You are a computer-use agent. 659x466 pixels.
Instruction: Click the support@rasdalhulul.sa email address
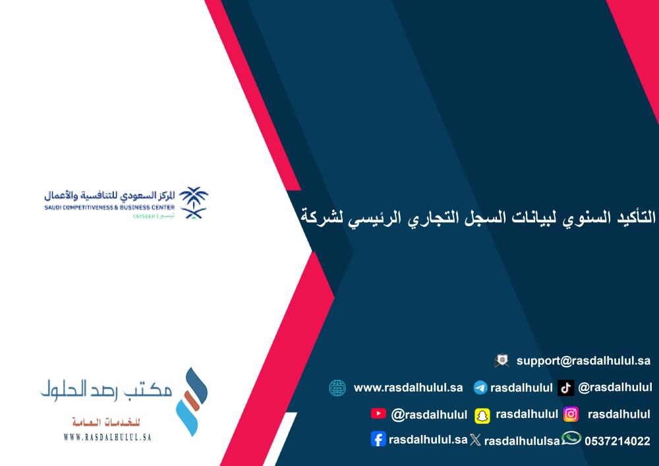click(x=583, y=361)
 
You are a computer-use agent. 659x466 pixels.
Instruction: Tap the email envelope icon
click(x=501, y=361)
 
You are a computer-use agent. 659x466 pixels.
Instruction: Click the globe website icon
click(x=337, y=388)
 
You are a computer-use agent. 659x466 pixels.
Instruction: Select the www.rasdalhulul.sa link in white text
click(x=408, y=388)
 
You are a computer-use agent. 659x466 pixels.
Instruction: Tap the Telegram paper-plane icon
click(x=480, y=388)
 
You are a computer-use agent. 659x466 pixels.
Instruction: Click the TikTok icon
click(x=565, y=388)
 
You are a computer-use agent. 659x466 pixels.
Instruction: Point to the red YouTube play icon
click(x=378, y=413)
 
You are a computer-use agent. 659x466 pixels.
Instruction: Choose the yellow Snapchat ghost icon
click(x=482, y=415)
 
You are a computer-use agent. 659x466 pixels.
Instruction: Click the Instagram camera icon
click(x=571, y=415)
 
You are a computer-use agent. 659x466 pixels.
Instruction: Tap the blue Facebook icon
click(x=378, y=439)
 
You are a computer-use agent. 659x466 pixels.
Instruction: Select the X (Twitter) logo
click(x=475, y=440)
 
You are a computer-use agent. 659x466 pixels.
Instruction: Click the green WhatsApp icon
click(x=571, y=438)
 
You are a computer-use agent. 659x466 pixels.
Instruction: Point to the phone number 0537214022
click(x=617, y=441)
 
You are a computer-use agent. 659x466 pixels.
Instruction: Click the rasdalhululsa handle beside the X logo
click(x=522, y=441)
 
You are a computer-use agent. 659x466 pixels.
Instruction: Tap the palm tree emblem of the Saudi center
click(x=193, y=202)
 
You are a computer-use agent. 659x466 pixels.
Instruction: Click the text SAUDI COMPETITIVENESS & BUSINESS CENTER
click(x=109, y=207)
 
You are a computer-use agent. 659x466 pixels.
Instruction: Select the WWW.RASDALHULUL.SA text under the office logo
click(x=107, y=437)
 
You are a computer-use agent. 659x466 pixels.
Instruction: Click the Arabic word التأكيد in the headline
click(x=633, y=218)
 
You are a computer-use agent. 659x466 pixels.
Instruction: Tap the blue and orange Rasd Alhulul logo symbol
click(x=192, y=401)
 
